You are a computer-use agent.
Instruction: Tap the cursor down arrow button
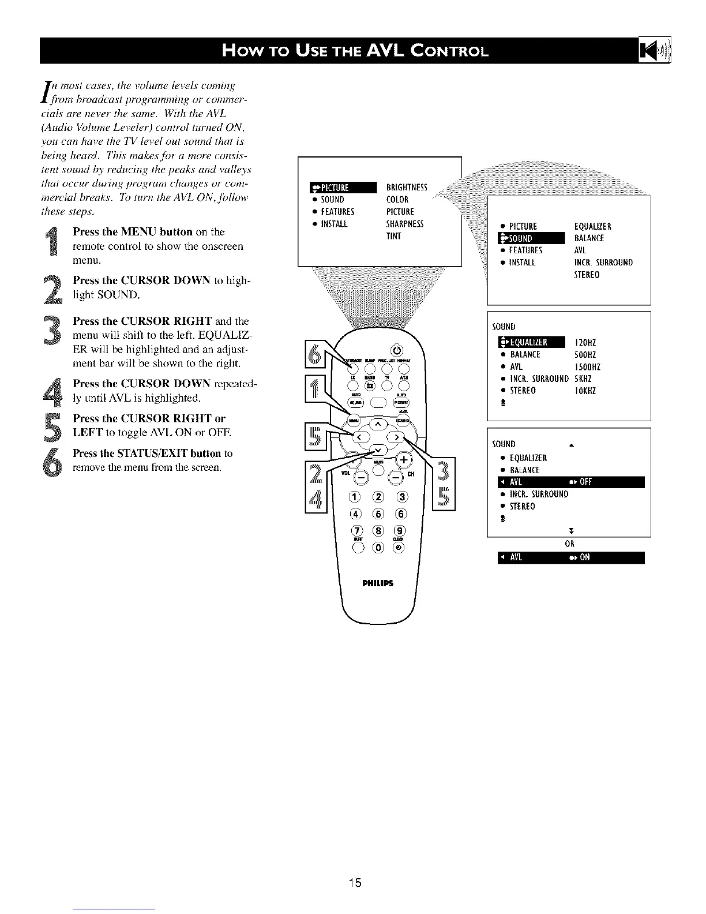click(378, 450)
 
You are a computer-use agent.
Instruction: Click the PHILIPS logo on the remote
click(378, 582)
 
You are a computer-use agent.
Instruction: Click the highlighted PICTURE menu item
click(343, 187)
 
